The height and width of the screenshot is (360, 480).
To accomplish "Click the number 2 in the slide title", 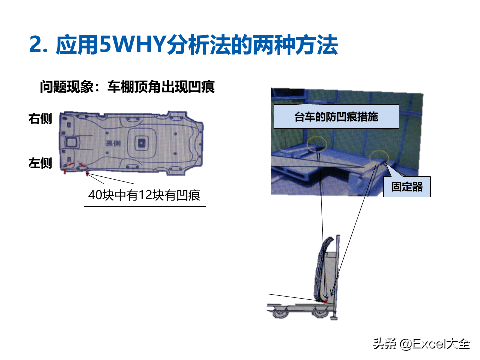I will [x=35, y=45].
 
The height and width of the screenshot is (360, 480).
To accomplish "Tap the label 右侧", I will [x=40, y=119].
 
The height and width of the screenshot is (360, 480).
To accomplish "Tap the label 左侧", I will [x=40, y=163].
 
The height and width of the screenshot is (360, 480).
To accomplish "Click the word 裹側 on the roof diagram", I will [x=113, y=143].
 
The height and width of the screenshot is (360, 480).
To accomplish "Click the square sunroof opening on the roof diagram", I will [x=142, y=142].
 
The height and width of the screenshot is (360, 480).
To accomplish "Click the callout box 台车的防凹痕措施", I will [x=336, y=117].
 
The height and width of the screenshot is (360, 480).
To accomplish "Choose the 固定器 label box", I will [x=407, y=186].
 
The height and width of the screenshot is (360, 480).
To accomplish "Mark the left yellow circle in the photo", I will [x=317, y=144].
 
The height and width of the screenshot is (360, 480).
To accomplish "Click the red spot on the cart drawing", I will [x=326, y=300].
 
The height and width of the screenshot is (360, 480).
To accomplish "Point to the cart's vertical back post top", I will [x=338, y=239].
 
